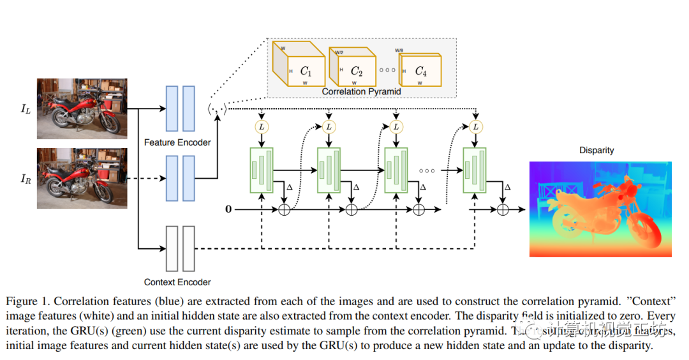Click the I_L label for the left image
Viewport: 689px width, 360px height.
25,109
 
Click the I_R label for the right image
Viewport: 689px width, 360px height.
26,178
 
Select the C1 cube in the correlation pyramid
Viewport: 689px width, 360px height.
299,66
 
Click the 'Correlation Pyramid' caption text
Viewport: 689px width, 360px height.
361,91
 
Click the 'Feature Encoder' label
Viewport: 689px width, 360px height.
177,142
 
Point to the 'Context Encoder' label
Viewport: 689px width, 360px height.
177,282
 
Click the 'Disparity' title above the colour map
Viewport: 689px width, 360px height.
596,151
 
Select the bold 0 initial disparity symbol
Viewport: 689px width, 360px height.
229,209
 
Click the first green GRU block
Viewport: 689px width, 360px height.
262,169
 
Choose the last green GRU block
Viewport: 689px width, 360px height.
475,169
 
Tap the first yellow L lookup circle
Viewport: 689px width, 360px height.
262,127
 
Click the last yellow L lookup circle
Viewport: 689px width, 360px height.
475,127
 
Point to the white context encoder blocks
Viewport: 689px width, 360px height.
180,249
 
